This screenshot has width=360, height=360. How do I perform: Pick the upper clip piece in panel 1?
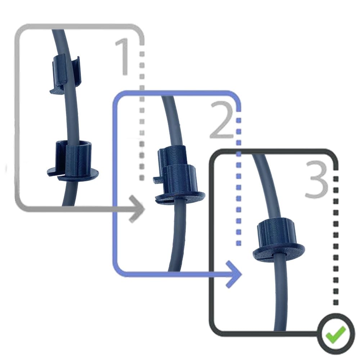pyautogui.click(x=66, y=74)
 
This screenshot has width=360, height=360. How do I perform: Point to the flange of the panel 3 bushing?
pyautogui.click(x=279, y=252)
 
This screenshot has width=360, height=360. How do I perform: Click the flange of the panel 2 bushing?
pyautogui.click(x=180, y=197)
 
